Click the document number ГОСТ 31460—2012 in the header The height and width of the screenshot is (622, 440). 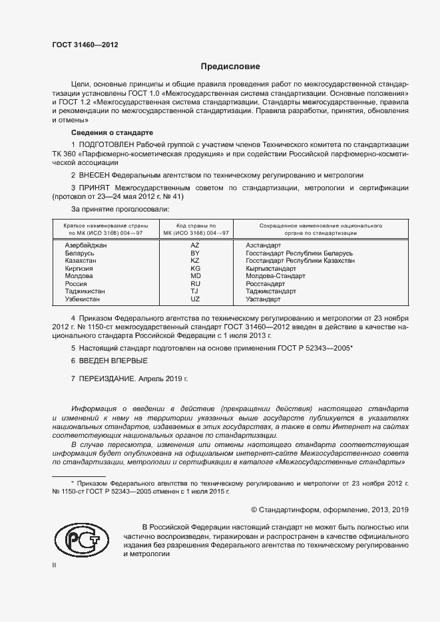(86, 45)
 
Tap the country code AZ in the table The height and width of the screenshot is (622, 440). (195, 245)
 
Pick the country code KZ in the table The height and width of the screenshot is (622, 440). (195, 261)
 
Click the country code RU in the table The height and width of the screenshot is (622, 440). (195, 283)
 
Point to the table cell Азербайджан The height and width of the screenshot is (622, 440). (85, 245)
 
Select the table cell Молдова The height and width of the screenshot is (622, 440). (79, 275)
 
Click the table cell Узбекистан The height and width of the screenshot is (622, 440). (83, 299)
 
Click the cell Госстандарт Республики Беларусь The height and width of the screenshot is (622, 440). (299, 253)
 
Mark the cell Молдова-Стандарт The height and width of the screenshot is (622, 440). (276, 275)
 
